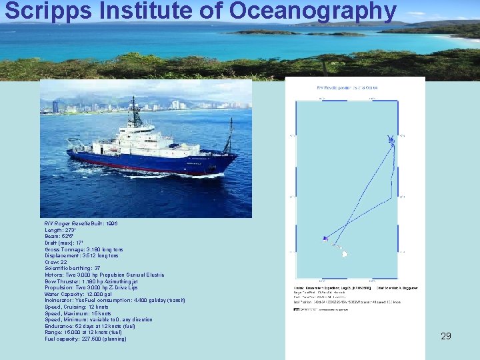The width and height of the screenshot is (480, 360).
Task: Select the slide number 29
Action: point(446,336)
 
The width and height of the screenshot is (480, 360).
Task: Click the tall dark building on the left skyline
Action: point(55,107)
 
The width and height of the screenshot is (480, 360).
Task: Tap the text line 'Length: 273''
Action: point(59,230)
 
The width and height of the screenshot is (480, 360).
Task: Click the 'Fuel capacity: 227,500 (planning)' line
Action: point(85,339)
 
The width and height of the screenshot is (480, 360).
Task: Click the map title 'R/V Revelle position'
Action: point(347,87)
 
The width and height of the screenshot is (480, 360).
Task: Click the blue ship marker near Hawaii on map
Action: point(325,238)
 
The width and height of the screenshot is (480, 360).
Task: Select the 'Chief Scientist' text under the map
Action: point(397,287)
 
